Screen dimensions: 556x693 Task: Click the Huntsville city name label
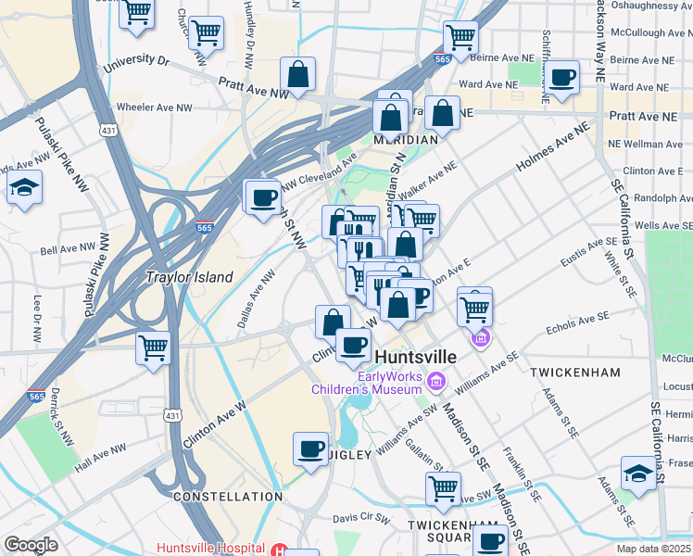tap(417, 356)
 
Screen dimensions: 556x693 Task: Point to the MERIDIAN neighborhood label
tap(405, 139)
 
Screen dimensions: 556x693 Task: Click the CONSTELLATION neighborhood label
tap(228, 497)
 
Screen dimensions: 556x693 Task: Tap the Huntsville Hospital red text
tap(210, 547)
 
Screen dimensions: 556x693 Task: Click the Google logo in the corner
tap(31, 545)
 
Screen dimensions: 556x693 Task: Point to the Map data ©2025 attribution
tap(654, 549)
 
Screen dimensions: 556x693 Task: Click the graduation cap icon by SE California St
tap(638, 474)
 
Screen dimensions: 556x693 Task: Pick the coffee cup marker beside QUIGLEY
tap(311, 449)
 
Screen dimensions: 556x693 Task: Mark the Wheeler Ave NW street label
tap(154, 107)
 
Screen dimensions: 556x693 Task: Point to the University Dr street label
tap(137, 63)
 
